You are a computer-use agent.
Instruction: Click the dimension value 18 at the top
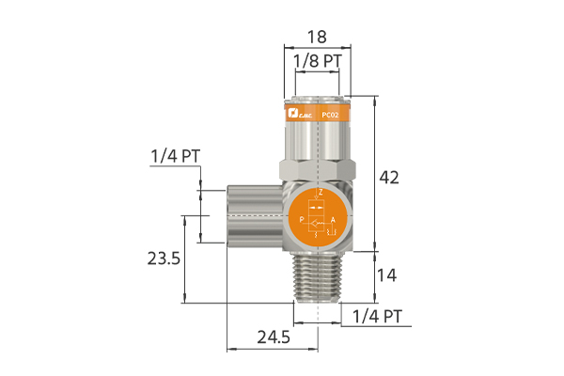point(317,37)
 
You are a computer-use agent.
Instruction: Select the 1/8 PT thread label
point(318,61)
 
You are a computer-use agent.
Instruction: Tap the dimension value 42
point(389,178)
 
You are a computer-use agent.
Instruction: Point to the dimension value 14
point(386,275)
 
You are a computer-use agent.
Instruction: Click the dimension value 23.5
point(164,258)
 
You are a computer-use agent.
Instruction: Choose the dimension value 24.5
point(274,337)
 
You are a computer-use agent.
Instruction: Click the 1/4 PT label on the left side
point(175,156)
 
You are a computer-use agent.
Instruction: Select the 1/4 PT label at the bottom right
point(377,317)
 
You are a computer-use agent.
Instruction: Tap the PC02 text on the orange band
point(330,115)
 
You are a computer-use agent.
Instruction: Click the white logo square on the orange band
point(292,114)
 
